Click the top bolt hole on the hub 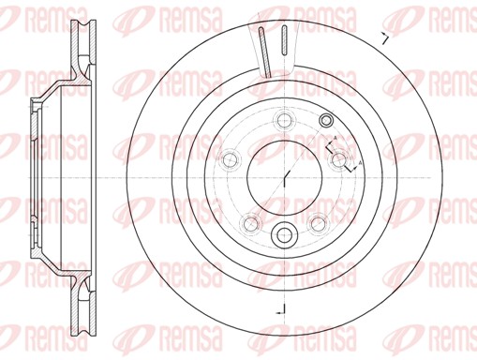point(282,118)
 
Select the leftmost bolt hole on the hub point(228,160)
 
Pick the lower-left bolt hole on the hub point(250,222)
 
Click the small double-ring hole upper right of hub point(326,120)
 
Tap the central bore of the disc point(283,176)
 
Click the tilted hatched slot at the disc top point(261,52)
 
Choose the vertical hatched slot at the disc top point(283,45)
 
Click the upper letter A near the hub point(335,141)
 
